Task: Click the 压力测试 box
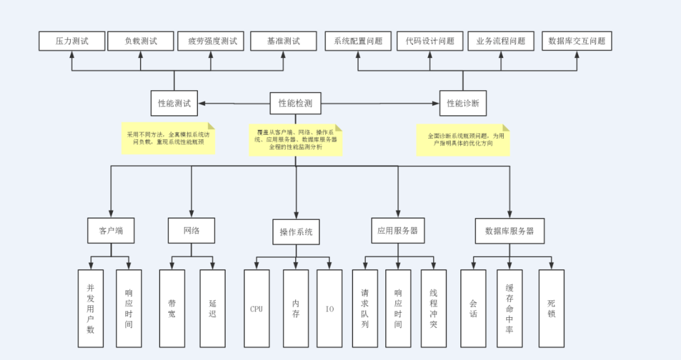(x=71, y=41)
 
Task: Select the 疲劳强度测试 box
(x=212, y=41)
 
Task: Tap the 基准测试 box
(x=283, y=41)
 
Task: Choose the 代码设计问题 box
(x=430, y=41)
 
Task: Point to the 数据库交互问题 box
(x=576, y=41)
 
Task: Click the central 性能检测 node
(x=295, y=103)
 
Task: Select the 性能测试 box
(x=174, y=103)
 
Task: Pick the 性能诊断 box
(x=463, y=103)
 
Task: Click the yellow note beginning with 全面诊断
(x=463, y=140)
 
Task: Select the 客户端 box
(x=111, y=231)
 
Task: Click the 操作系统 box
(x=296, y=232)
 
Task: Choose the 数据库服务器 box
(x=509, y=231)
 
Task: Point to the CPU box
(x=256, y=309)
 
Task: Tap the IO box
(x=330, y=309)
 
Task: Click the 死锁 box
(x=551, y=308)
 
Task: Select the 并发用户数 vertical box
(x=91, y=308)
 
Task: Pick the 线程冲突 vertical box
(x=433, y=308)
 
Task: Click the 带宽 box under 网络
(x=172, y=308)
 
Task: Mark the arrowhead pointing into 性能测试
(x=202, y=103)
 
